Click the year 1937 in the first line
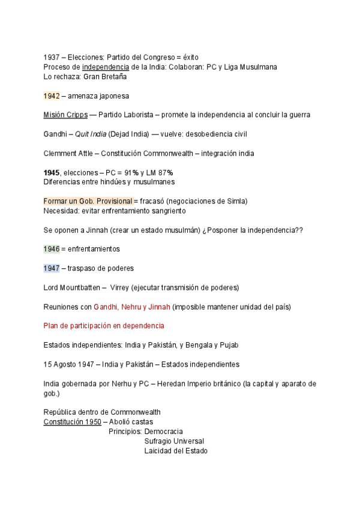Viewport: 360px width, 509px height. click(52, 57)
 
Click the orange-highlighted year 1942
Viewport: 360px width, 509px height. click(52, 95)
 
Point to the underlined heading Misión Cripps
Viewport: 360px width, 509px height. click(65, 115)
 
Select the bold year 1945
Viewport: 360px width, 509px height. click(52, 172)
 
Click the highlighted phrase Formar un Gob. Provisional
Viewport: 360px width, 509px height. click(88, 201)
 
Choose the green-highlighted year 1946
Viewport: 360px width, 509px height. click(52, 248)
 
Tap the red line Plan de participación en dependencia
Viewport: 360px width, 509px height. click(104, 325)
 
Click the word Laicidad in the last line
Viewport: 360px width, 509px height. click(158, 450)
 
